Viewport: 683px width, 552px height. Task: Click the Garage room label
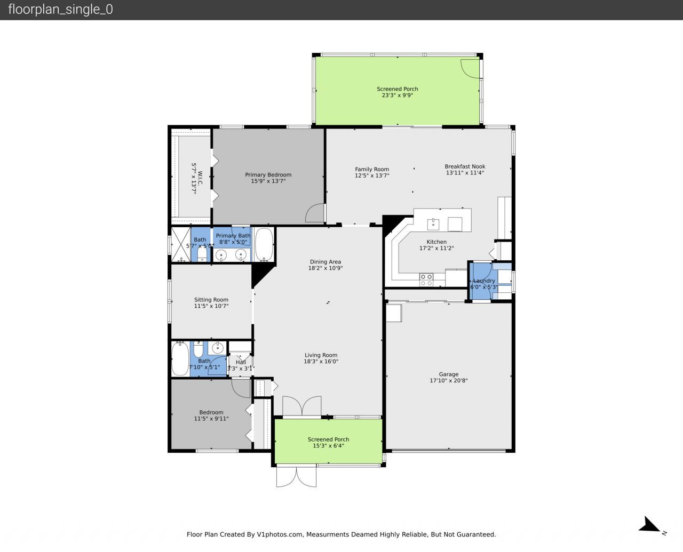pos(448,374)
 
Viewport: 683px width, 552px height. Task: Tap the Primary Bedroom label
pos(268,175)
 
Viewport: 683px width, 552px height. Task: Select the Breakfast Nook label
pos(465,166)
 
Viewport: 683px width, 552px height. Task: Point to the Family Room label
pos(372,170)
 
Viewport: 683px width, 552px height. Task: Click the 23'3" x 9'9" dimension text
pos(397,95)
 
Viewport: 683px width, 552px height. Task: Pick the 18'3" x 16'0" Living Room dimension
pos(321,362)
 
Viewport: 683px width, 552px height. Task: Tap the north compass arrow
pos(650,525)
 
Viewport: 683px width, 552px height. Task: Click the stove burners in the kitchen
pos(426,279)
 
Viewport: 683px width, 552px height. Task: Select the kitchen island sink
pos(433,223)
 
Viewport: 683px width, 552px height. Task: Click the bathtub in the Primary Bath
pos(264,244)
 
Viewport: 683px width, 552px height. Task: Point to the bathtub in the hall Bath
pos(180,359)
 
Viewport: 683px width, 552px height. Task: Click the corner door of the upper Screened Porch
pos(470,68)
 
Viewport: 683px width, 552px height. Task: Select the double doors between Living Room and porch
pos(301,406)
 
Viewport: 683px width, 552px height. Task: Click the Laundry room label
pos(484,281)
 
